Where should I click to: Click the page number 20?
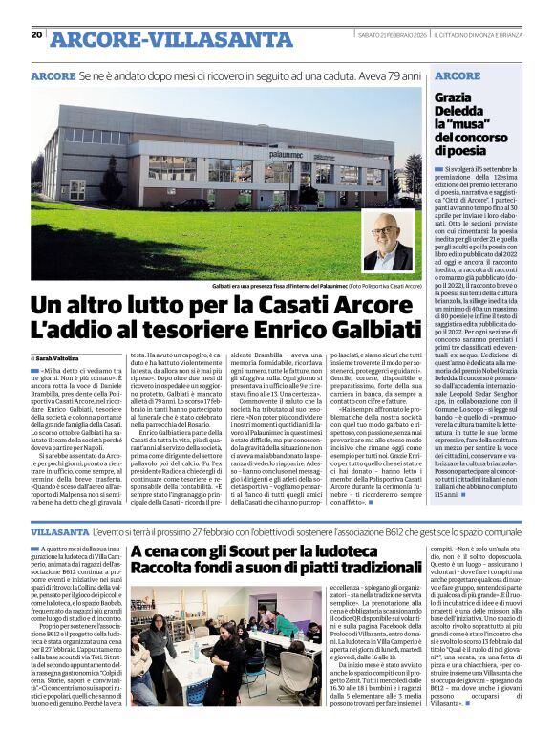(36, 35)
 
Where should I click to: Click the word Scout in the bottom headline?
(251, 553)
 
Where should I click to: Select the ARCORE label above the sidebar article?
(457, 75)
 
